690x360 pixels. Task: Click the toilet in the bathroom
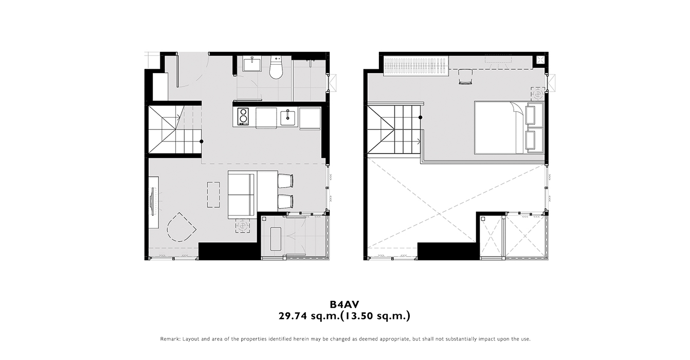276,67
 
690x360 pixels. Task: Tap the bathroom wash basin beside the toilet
252,64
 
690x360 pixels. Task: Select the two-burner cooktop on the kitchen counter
243,116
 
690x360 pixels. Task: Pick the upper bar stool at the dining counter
285,181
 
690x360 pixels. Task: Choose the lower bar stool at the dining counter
285,202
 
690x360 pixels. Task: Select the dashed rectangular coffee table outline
213,194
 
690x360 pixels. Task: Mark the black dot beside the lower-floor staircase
202,141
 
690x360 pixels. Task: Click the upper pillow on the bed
534,115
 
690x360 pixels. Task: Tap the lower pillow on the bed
534,140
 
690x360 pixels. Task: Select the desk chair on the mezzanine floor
465,77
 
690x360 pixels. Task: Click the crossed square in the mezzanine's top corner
540,60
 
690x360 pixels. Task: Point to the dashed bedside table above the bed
538,94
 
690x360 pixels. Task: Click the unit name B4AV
344,304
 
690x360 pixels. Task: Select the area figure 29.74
293,316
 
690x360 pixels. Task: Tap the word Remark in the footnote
170,339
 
